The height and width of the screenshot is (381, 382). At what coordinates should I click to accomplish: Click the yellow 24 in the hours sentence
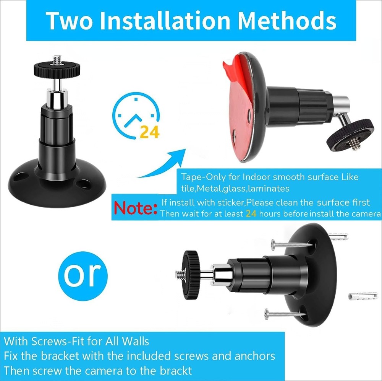point(251,213)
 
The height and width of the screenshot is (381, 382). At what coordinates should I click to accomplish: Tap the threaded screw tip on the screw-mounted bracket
point(180,274)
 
